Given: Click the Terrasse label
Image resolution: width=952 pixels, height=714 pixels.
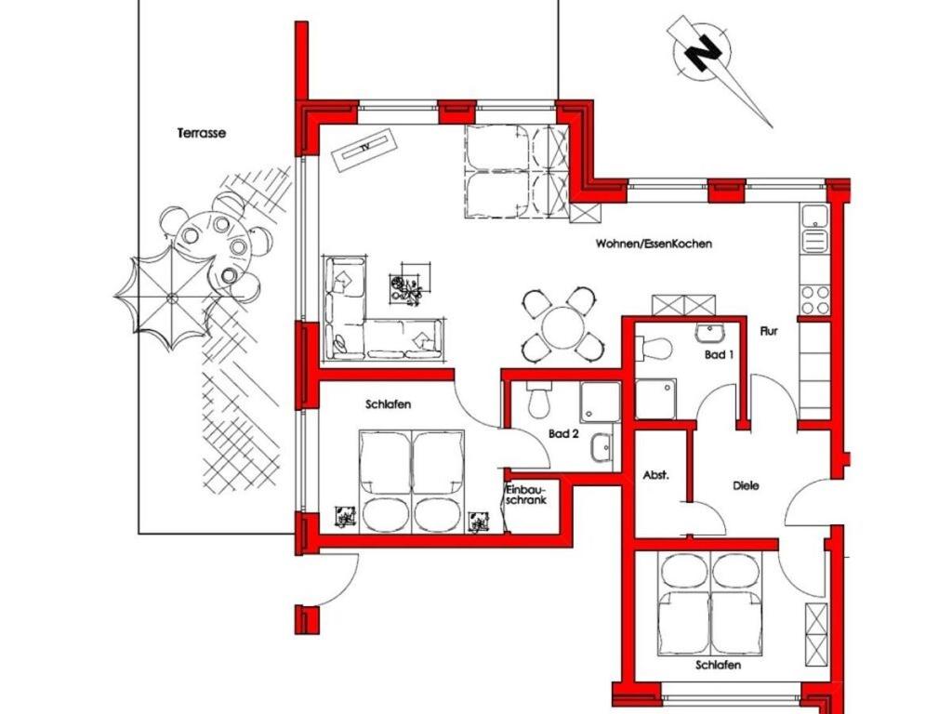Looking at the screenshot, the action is click(202, 132).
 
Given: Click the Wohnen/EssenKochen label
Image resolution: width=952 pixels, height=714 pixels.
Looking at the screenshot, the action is click(654, 245).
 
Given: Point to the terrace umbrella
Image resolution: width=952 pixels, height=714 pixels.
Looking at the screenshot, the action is click(172, 297).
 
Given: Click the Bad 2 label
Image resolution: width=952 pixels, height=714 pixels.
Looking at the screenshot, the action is click(562, 434).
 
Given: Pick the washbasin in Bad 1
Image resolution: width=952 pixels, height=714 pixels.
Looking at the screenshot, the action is click(707, 334).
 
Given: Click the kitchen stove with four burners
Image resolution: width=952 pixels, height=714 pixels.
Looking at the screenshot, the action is click(814, 298).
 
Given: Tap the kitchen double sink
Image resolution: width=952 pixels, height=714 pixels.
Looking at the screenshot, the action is click(814, 229).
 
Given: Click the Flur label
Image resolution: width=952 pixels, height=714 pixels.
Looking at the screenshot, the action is click(768, 332).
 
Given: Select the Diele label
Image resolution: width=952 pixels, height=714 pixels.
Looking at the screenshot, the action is click(746, 485).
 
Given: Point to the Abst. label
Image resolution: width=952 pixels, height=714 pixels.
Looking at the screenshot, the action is click(655, 475).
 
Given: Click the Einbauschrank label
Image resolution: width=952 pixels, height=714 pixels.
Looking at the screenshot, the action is click(526, 495).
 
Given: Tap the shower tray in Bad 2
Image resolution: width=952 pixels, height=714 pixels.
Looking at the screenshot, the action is click(600, 402).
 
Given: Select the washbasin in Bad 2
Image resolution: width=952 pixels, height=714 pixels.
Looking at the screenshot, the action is click(601, 448).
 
